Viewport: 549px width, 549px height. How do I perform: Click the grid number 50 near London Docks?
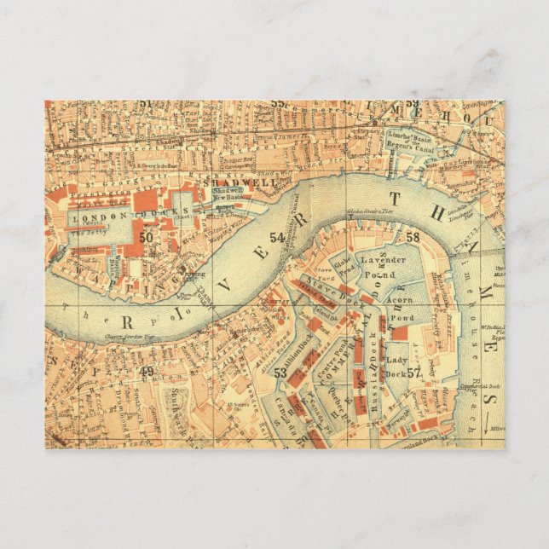click(147, 237)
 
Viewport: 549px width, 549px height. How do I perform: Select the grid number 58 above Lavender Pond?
click(413, 237)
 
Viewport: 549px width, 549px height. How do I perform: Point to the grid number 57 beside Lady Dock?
click(414, 373)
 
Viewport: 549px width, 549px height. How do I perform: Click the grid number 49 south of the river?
click(147, 371)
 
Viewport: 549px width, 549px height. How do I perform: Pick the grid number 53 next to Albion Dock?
click(280, 373)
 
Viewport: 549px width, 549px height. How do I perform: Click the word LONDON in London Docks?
click(88, 218)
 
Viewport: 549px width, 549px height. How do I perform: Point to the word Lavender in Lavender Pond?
click(384, 259)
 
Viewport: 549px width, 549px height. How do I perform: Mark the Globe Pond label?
click(343, 271)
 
